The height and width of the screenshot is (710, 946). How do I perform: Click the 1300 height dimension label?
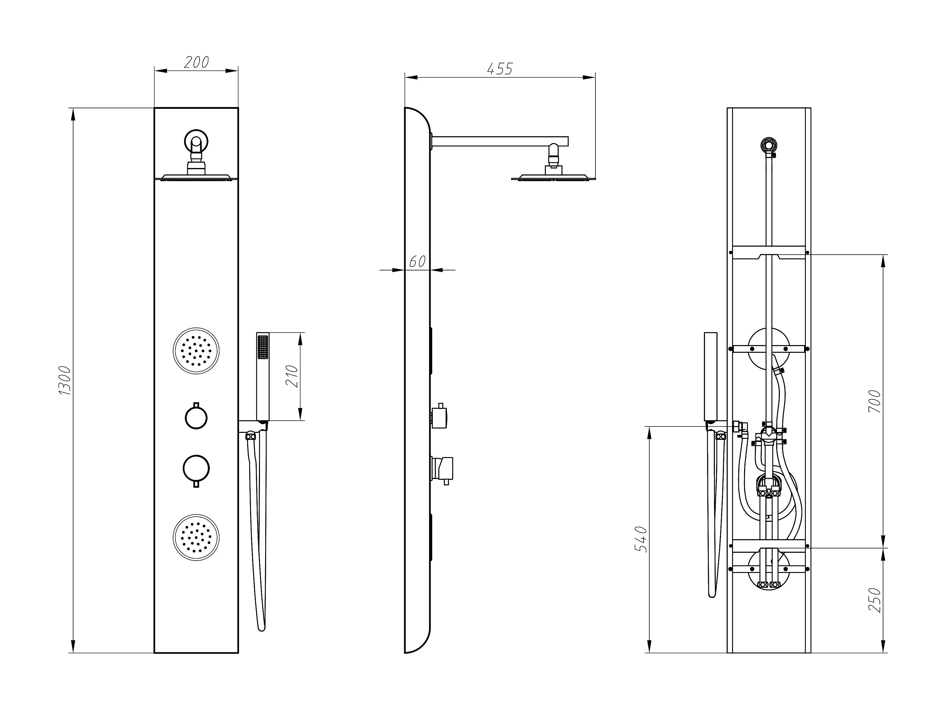click(x=65, y=380)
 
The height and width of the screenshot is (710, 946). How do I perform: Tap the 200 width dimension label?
click(x=196, y=62)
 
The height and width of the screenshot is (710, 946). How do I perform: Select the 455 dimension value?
click(x=500, y=69)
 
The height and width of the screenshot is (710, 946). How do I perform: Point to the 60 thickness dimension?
click(x=417, y=261)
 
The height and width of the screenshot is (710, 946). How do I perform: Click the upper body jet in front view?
click(x=196, y=351)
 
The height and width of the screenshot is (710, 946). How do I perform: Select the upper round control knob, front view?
click(x=196, y=417)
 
